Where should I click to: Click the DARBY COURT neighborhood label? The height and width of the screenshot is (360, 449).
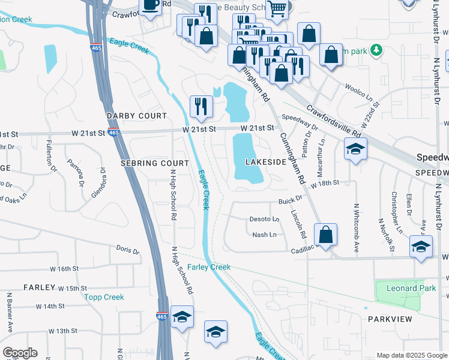click(x=136, y=115)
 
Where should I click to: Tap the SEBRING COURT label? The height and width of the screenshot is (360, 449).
click(x=154, y=163)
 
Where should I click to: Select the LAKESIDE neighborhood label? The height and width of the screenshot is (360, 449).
click(x=266, y=163)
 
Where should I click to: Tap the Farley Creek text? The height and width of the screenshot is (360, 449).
click(x=208, y=267)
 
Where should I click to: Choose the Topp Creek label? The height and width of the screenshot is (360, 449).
click(x=104, y=297)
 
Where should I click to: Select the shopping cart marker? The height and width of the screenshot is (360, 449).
click(x=276, y=8)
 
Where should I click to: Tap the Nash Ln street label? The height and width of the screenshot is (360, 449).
click(x=264, y=235)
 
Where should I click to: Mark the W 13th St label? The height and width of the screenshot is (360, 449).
click(x=63, y=331)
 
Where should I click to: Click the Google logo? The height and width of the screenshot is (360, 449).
click(x=20, y=353)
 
